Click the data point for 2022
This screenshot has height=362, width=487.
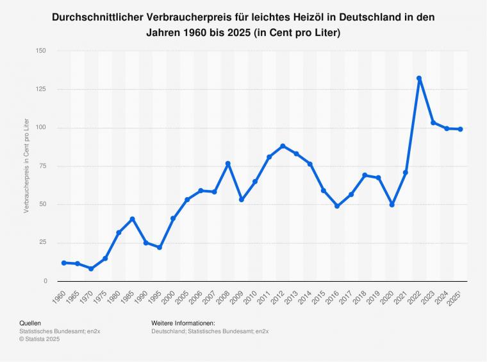click(419, 78)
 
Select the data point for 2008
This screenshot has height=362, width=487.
click(228, 164)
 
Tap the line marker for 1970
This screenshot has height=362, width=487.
click(91, 269)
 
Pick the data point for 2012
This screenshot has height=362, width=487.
click(283, 146)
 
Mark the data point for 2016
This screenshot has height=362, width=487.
click(337, 206)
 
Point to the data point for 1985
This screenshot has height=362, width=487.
click(132, 219)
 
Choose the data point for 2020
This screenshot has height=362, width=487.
click(392, 205)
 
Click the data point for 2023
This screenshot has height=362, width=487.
click(433, 123)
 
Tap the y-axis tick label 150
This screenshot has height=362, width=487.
click(41, 51)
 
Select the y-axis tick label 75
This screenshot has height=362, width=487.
click(43, 166)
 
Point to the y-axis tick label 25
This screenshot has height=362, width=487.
click(43, 243)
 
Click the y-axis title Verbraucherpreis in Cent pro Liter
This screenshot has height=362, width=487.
click(26, 166)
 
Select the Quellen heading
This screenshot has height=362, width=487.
click(30, 323)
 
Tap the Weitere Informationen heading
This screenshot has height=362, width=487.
click(183, 323)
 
